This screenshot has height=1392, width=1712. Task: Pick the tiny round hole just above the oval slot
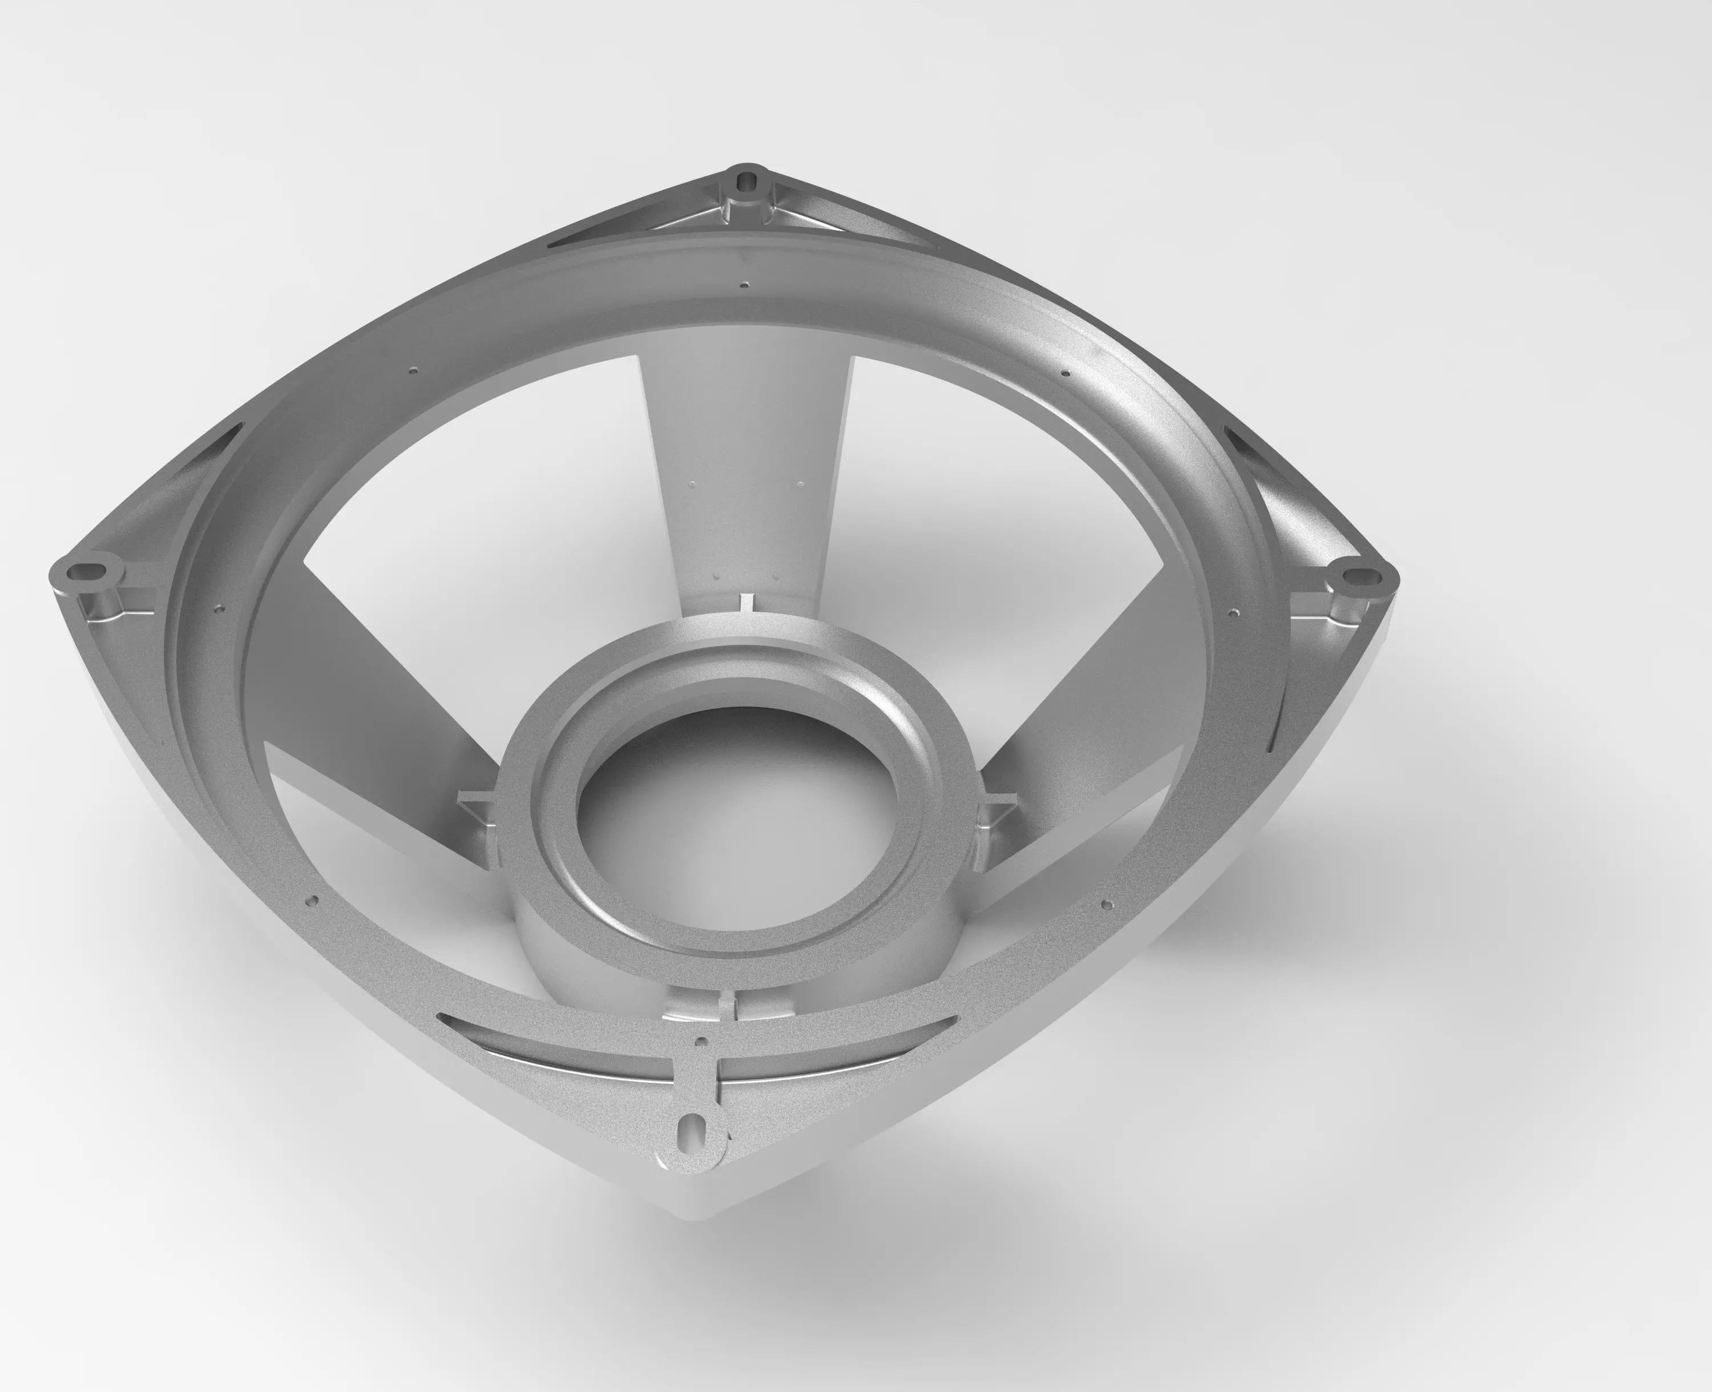pos(702,1042)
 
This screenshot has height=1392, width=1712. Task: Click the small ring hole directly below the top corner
pos(745,284)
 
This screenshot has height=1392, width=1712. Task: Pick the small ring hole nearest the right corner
pos(1231,614)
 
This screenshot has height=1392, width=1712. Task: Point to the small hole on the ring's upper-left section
pos(414,370)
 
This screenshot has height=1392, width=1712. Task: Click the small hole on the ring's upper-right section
pos(1065,373)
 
